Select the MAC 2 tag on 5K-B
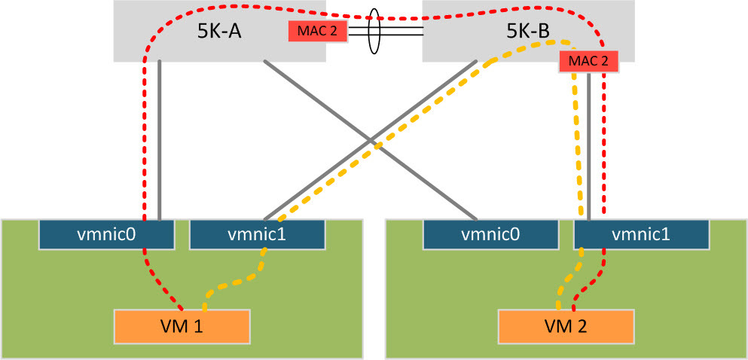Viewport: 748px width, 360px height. (588, 62)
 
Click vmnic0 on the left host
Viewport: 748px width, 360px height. (106, 233)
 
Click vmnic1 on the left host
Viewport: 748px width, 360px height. (257, 233)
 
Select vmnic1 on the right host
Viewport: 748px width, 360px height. (641, 233)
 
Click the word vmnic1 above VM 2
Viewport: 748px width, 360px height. (641, 233)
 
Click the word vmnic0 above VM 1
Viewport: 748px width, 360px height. (106, 233)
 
